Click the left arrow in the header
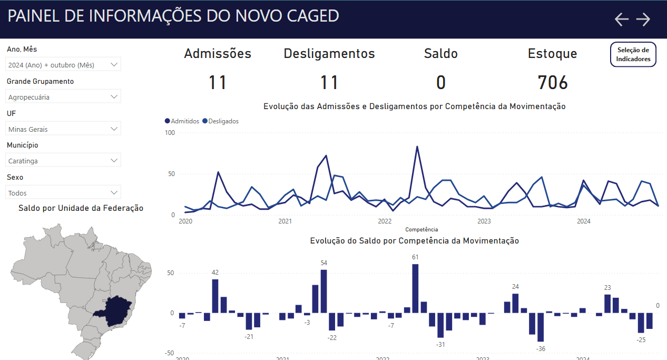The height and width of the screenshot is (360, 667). tap(622, 20)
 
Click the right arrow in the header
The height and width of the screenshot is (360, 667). tap(643, 20)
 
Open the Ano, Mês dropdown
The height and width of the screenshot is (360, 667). tap(63, 65)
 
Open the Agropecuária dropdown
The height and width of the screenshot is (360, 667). tap(63, 97)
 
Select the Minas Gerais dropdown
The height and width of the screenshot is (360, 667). tap(63, 129)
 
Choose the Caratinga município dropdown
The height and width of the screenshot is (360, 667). tap(63, 161)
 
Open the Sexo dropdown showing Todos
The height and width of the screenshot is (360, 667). tap(63, 193)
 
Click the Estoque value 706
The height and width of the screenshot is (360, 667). tap(553, 83)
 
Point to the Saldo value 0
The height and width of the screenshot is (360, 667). tap(441, 83)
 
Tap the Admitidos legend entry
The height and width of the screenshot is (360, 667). tap(182, 121)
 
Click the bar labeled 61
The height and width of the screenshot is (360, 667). tap(415, 288)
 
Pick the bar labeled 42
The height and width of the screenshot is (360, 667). tap(215, 296)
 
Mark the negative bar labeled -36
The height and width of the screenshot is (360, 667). tap(541, 327)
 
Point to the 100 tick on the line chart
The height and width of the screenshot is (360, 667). tap(170, 132)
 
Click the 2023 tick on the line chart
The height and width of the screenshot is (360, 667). tap(484, 221)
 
